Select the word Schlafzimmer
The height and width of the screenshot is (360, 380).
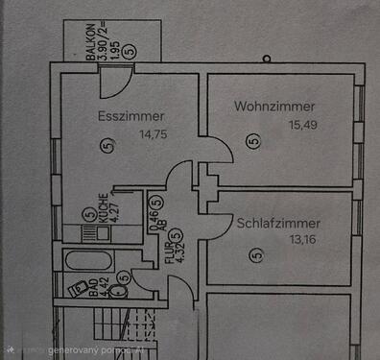point(278,223)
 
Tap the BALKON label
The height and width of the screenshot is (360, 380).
point(90,42)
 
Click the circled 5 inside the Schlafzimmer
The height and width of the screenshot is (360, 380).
point(255,254)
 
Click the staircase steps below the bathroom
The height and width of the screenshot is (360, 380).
point(125,331)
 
